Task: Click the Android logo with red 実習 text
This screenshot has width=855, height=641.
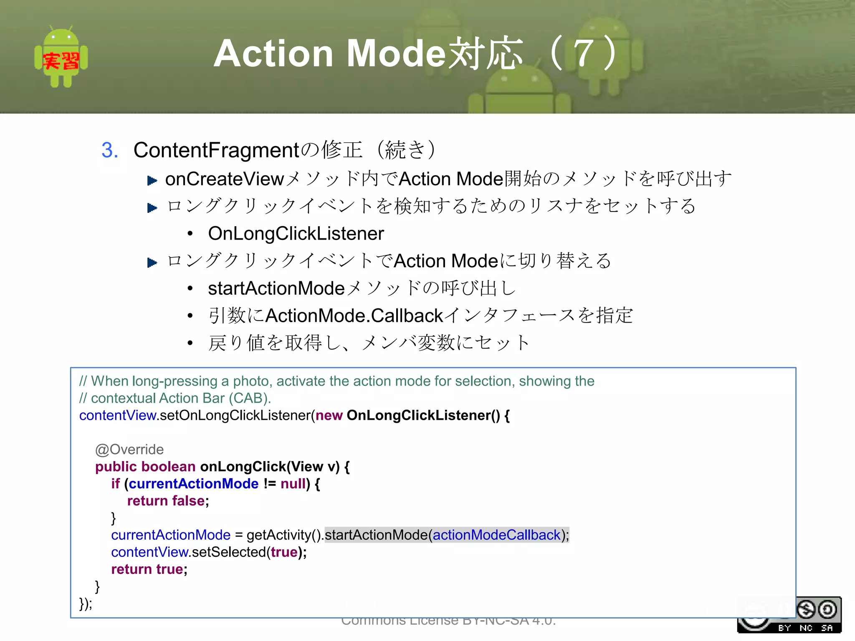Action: [x=61, y=57]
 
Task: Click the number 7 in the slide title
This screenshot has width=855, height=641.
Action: [x=584, y=53]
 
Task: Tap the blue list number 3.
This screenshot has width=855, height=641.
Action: [x=110, y=150]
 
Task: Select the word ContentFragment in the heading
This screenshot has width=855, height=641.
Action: [x=216, y=150]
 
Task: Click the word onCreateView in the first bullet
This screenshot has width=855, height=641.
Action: [x=225, y=179]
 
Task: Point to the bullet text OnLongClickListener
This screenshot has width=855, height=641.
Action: [x=296, y=234]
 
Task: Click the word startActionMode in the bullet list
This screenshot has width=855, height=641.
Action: [x=276, y=288]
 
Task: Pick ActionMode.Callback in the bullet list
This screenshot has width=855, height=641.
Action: [x=354, y=316]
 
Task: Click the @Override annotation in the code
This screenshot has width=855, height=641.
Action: [x=129, y=449]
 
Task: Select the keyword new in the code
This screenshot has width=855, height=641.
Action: [x=329, y=416]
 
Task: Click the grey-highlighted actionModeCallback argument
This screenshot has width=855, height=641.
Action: [x=496, y=535]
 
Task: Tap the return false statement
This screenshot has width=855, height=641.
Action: [x=168, y=501]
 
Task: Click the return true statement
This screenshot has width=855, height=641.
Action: [x=149, y=569]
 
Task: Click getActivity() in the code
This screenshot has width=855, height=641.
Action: [x=284, y=535]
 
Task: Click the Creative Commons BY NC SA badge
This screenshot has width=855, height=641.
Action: [x=789, y=615]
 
